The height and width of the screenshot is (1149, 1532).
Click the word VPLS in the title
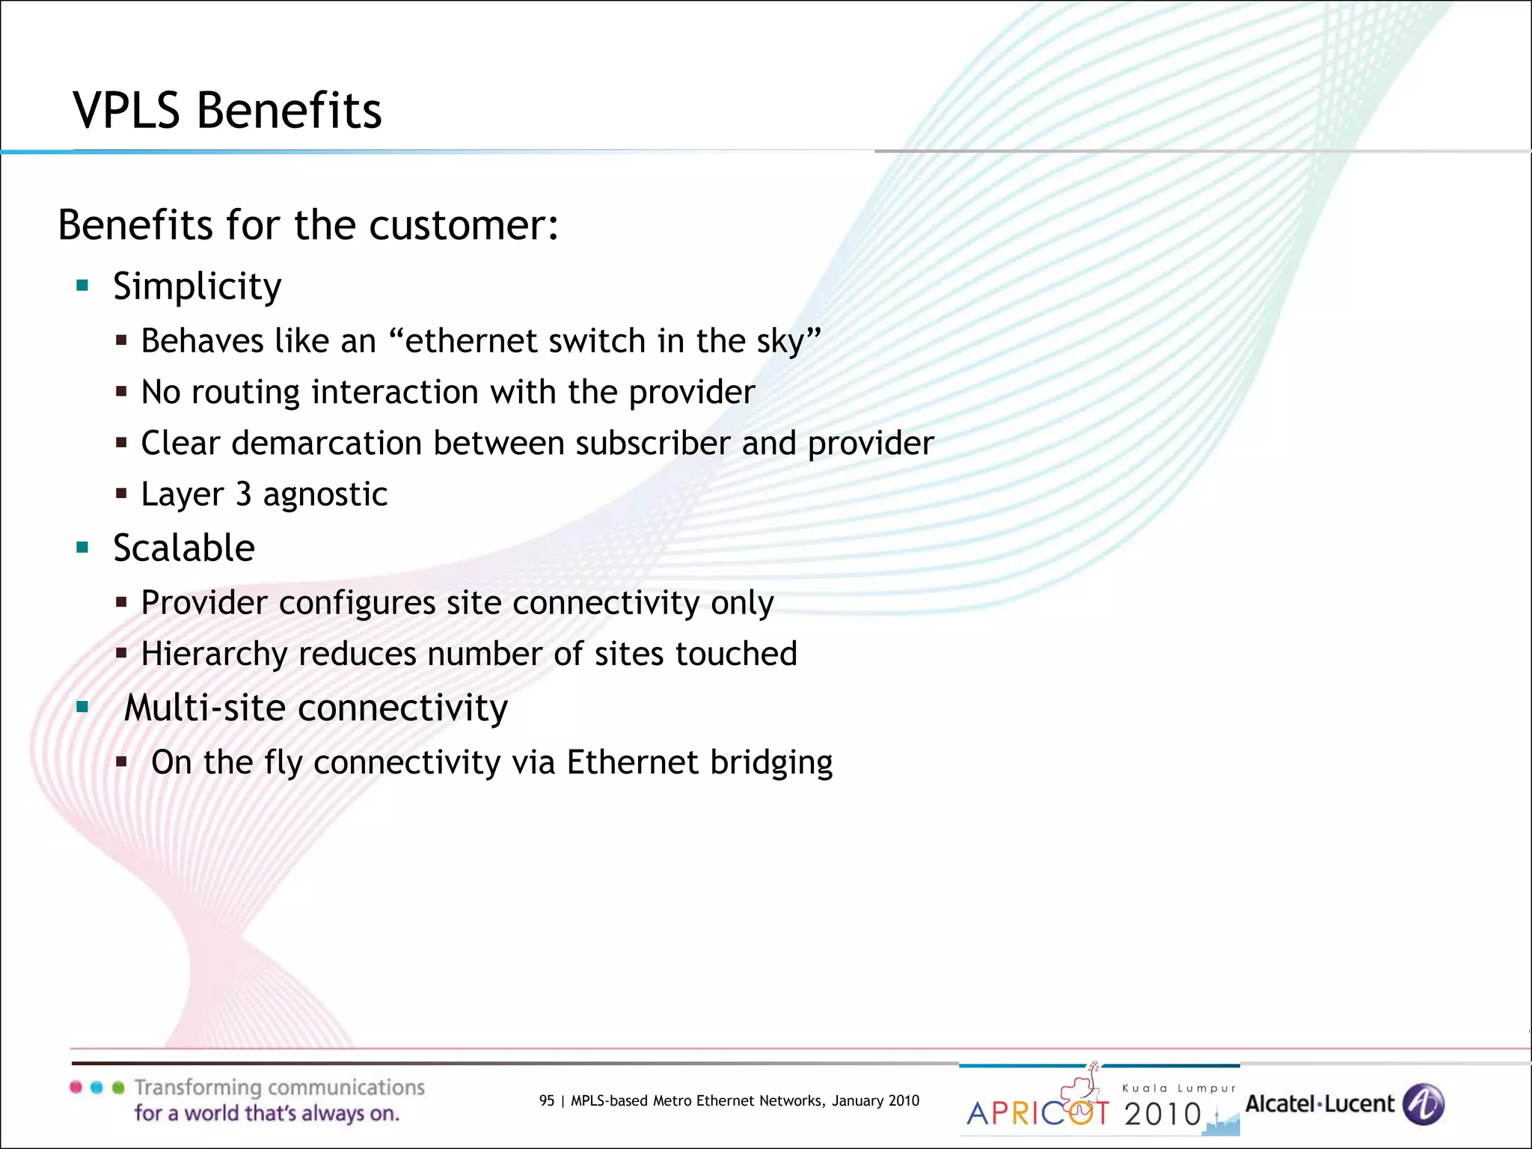coord(126,111)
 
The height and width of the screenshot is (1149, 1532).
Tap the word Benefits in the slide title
coord(289,111)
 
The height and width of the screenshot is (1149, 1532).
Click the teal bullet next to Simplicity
coord(82,285)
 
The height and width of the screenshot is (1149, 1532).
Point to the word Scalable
coord(184,548)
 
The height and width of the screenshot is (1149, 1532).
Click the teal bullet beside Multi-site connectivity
coord(82,706)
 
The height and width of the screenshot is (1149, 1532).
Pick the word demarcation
coord(327,443)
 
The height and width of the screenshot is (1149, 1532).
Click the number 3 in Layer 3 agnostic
coord(243,494)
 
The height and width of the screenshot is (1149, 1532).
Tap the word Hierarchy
coord(214,654)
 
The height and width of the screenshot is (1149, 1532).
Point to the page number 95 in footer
coord(547,1100)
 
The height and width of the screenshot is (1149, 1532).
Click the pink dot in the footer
coord(76,1087)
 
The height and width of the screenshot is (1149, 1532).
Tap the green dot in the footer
coord(117,1087)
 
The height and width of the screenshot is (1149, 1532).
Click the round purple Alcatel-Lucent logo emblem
coord(1423,1104)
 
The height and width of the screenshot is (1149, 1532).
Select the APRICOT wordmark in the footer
coord(1037,1113)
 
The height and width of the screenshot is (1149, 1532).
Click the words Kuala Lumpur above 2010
coord(1179,1088)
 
